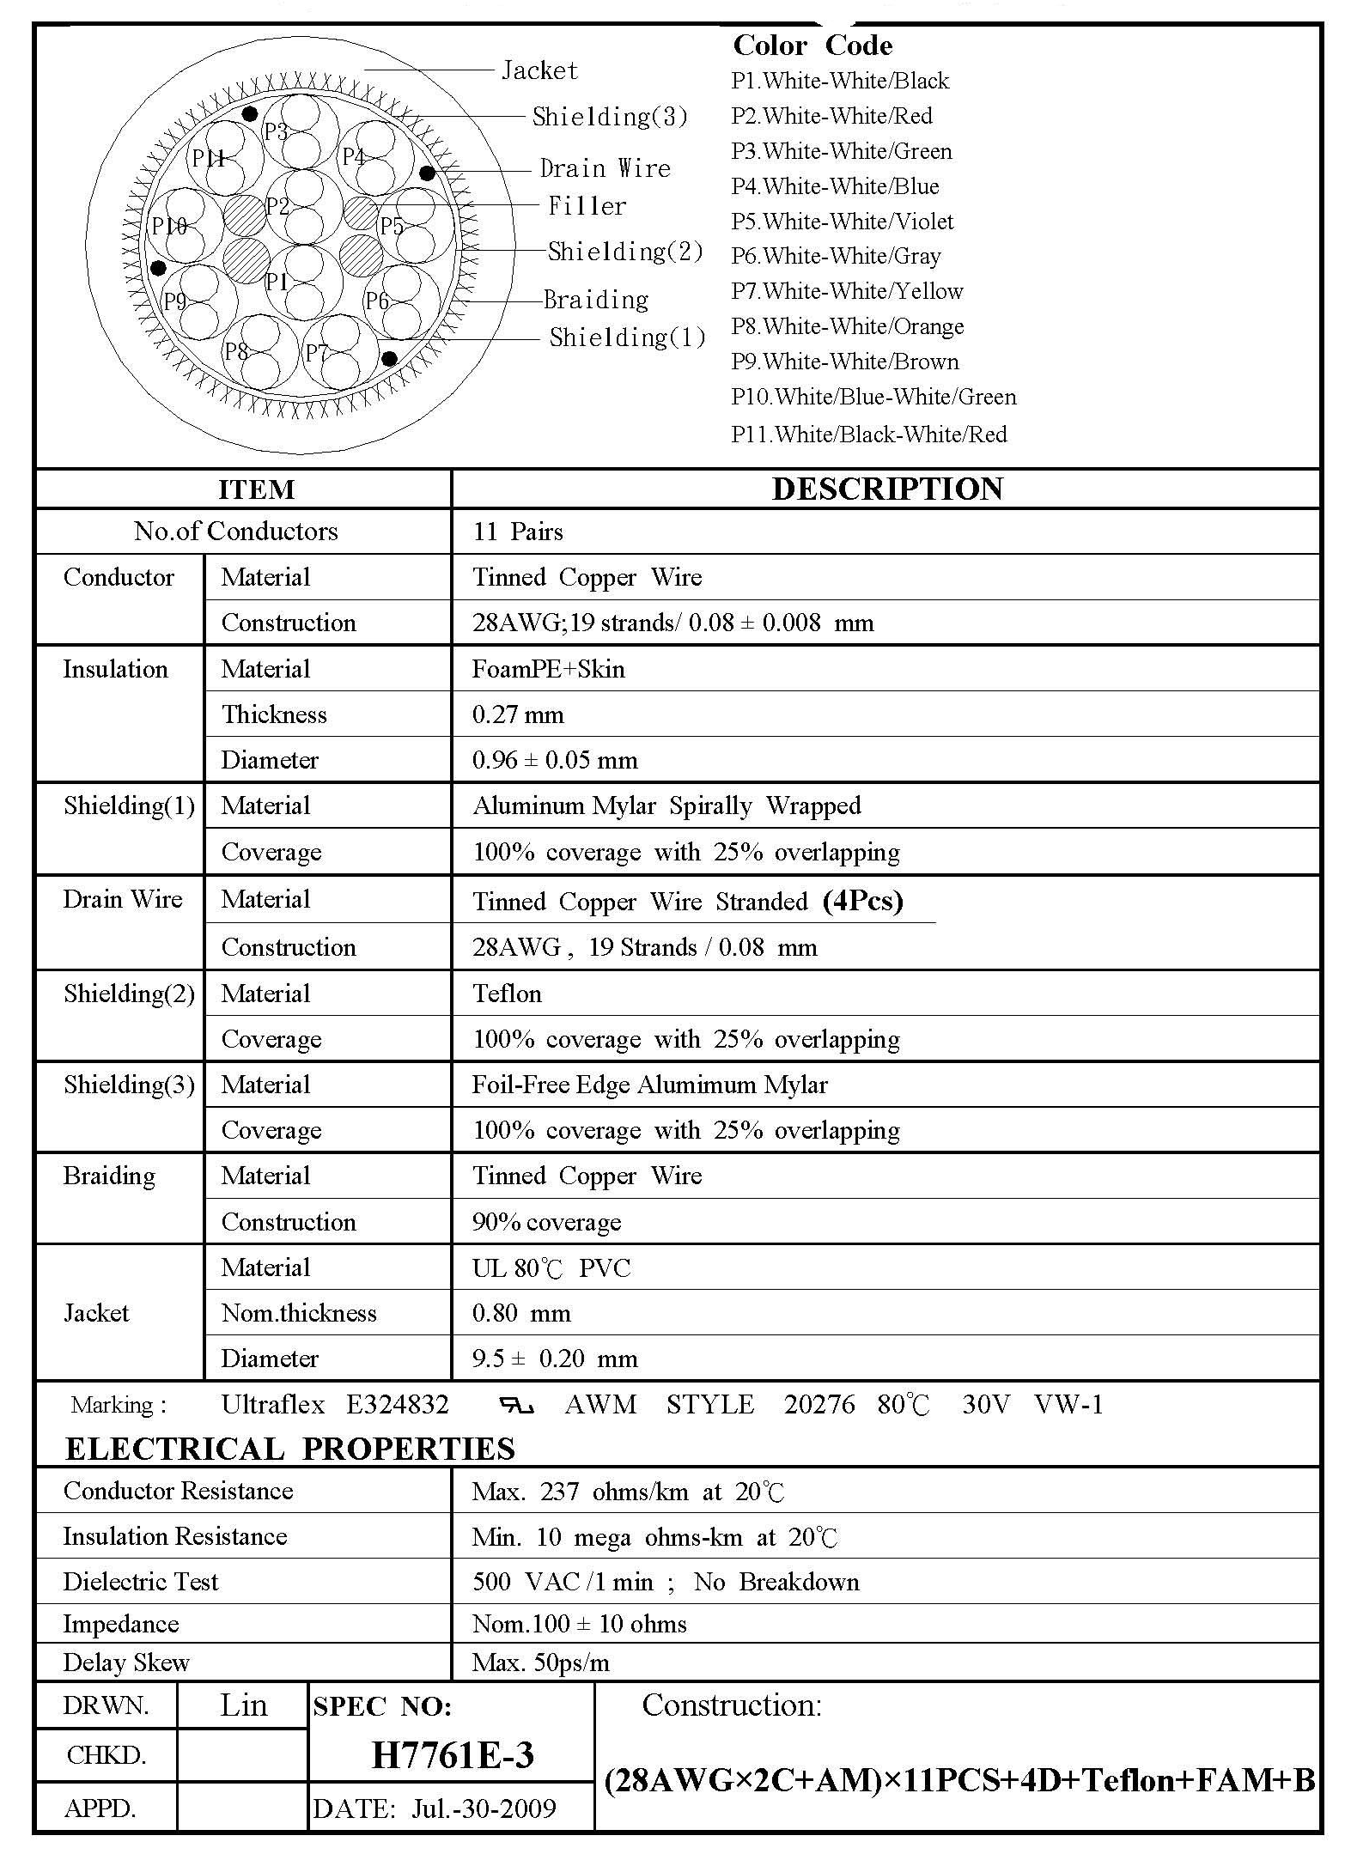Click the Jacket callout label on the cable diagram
pyautogui.click(x=539, y=70)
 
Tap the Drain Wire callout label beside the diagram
pyautogui.click(x=605, y=168)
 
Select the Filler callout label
pyautogui.click(x=587, y=206)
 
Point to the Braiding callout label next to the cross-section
pyautogui.click(x=596, y=300)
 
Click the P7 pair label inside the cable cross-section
pyautogui.click(x=316, y=353)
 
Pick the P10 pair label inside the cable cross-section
pyautogui.click(x=169, y=226)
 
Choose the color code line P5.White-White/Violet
pyautogui.click(x=842, y=222)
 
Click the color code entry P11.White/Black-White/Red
pyautogui.click(x=868, y=435)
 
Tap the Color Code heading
pyautogui.click(x=812, y=46)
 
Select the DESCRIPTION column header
pyautogui.click(x=887, y=489)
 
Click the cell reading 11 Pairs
pyautogui.click(x=518, y=532)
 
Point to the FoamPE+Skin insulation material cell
pyautogui.click(x=548, y=669)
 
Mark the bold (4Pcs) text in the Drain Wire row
pyautogui.click(x=862, y=900)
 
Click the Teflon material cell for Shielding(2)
pyautogui.click(x=507, y=994)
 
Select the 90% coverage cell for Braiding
pyautogui.click(x=546, y=1222)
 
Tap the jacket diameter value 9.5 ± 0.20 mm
pyautogui.click(x=555, y=1358)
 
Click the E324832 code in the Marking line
pyautogui.click(x=397, y=1405)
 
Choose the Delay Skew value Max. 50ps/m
pyautogui.click(x=540, y=1662)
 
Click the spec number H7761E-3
pyautogui.click(x=453, y=1755)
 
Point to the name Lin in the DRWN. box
pyautogui.click(x=243, y=1705)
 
